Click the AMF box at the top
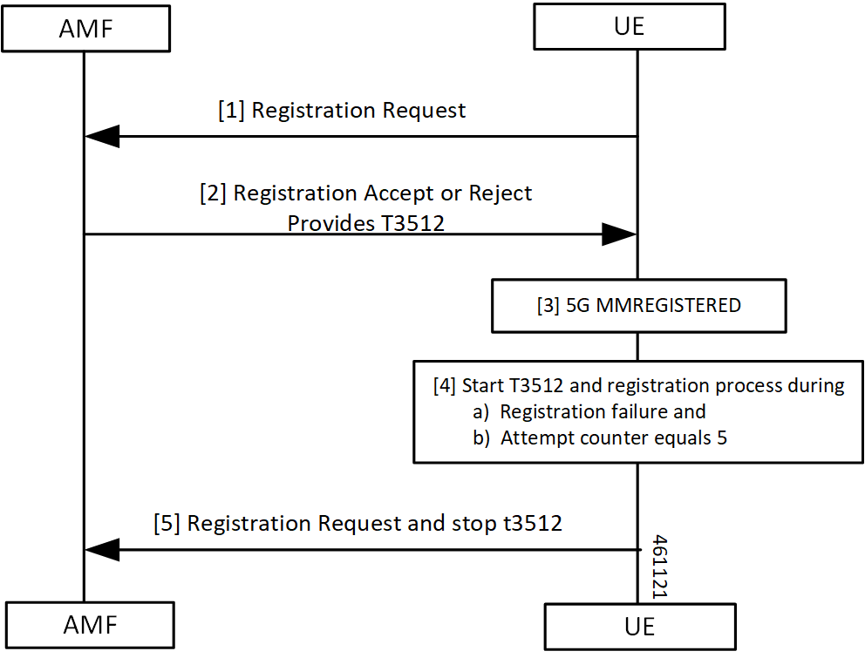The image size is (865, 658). click(85, 28)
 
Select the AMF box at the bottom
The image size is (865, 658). click(85, 624)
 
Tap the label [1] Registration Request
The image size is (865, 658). click(342, 111)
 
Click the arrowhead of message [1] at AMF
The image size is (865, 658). click(103, 136)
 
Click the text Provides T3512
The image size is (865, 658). click(365, 223)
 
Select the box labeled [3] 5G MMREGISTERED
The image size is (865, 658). click(638, 306)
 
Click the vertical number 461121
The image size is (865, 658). click(659, 566)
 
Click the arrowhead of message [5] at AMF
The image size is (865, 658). click(103, 550)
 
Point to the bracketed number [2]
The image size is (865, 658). click(214, 193)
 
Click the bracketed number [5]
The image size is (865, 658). click(167, 524)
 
